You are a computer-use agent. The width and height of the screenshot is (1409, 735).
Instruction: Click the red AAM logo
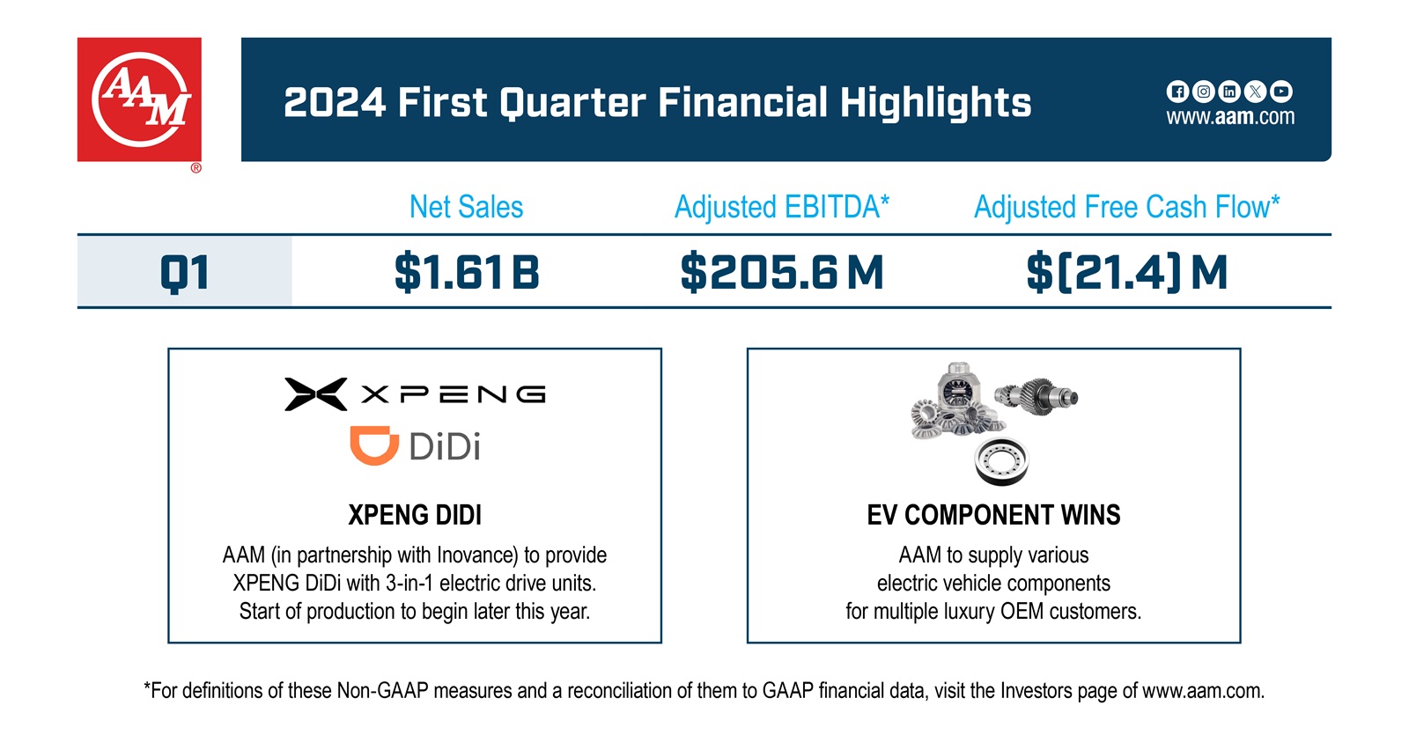coord(139,99)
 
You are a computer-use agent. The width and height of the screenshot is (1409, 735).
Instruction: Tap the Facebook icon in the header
coord(1177,92)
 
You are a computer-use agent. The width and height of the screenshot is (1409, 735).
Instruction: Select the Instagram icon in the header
coord(1203,92)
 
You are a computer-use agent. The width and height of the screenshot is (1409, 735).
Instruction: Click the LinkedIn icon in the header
coord(1229,92)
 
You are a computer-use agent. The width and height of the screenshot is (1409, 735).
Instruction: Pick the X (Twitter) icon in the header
coord(1255,92)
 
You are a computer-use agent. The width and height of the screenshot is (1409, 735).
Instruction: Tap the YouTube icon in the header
coord(1281,92)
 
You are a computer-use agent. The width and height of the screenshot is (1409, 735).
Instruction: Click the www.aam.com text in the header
coord(1230,117)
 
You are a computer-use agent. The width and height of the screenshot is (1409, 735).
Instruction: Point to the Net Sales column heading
coord(466,207)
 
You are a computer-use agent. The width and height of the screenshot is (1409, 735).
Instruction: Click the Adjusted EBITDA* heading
coord(781,207)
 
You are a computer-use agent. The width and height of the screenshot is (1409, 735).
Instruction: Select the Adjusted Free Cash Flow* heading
coord(1126,207)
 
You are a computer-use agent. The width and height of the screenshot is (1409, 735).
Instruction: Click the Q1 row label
coord(185,272)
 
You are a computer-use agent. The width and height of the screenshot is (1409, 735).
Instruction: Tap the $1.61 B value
coord(466,272)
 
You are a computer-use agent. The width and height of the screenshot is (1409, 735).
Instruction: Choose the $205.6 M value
coord(781,272)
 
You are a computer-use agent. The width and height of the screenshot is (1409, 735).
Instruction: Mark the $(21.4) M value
coord(1126,272)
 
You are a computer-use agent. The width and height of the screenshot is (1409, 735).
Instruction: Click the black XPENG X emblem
coord(315,394)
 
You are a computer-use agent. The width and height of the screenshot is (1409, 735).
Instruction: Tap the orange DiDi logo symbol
coord(373,445)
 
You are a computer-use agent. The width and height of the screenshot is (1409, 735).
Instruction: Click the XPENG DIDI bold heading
coord(415,515)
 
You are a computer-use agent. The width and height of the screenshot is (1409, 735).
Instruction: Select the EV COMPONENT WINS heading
coord(993,515)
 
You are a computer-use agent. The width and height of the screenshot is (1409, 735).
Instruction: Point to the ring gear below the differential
coord(1001,460)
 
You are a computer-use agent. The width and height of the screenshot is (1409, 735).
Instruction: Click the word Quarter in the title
coord(572,103)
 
